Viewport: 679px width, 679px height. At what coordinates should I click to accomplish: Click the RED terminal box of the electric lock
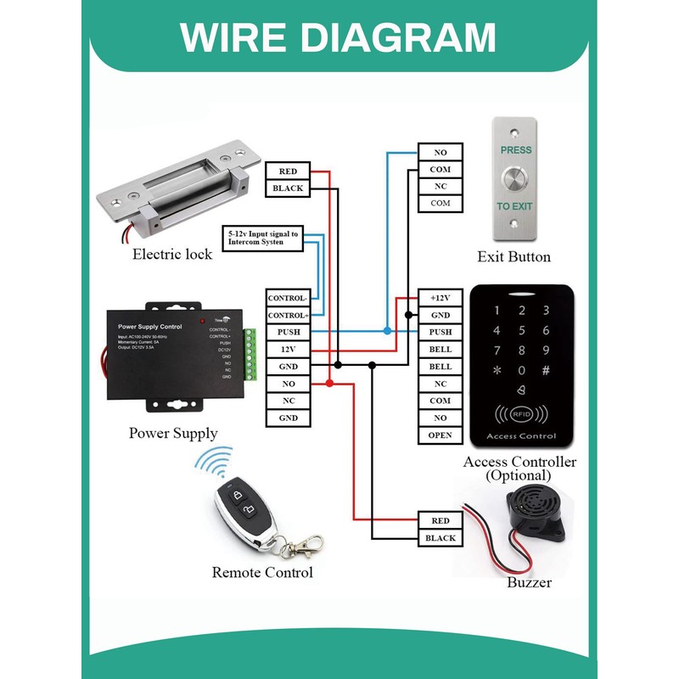[288, 171]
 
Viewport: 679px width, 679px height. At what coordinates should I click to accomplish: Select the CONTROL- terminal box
[288, 298]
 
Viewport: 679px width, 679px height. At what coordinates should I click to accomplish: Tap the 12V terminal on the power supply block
[288, 349]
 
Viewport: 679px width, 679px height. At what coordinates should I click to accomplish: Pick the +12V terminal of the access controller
[440, 298]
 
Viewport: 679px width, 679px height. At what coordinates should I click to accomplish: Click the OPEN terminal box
[440, 435]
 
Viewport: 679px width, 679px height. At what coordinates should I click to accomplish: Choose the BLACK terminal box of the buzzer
[440, 538]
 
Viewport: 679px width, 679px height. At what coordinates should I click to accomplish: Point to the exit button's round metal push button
[514, 178]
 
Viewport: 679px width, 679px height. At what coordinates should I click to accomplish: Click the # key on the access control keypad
[546, 371]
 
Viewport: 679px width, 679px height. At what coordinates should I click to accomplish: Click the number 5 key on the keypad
[521, 331]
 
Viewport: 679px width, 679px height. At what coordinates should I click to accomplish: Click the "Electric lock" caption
[172, 254]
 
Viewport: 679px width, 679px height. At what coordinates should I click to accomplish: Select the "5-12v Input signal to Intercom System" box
[262, 237]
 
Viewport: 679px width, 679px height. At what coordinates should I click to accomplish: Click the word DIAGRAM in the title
[409, 37]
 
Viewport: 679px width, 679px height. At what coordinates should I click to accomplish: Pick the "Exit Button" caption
[513, 256]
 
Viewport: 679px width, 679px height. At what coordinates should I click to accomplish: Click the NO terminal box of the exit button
[440, 153]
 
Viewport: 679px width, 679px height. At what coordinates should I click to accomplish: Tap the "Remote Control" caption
[262, 573]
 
